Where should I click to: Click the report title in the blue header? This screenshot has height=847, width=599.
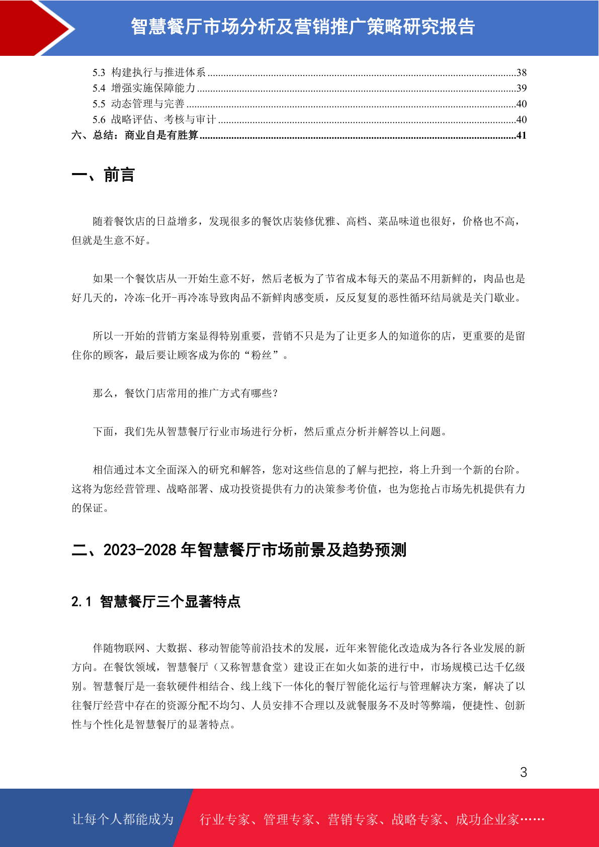(x=303, y=27)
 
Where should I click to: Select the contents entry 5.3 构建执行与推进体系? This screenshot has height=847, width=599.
(x=149, y=72)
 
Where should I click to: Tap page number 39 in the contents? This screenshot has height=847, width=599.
(x=522, y=89)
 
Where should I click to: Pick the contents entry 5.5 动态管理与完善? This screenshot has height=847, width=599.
(x=138, y=104)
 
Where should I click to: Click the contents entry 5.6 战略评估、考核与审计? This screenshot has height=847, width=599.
(x=154, y=120)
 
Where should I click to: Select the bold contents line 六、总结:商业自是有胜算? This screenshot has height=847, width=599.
(x=135, y=135)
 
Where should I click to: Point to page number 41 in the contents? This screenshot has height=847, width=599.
(x=522, y=135)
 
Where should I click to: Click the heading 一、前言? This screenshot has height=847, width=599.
(x=103, y=175)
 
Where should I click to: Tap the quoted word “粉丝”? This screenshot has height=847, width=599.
(x=262, y=355)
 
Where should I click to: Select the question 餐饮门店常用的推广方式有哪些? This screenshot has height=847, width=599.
(x=201, y=393)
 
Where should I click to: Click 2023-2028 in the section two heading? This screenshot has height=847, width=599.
(x=140, y=550)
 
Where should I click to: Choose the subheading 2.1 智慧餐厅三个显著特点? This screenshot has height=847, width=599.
(x=156, y=602)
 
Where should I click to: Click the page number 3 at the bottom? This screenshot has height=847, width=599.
(x=524, y=773)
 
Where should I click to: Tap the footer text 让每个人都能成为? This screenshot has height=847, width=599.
(x=123, y=819)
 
